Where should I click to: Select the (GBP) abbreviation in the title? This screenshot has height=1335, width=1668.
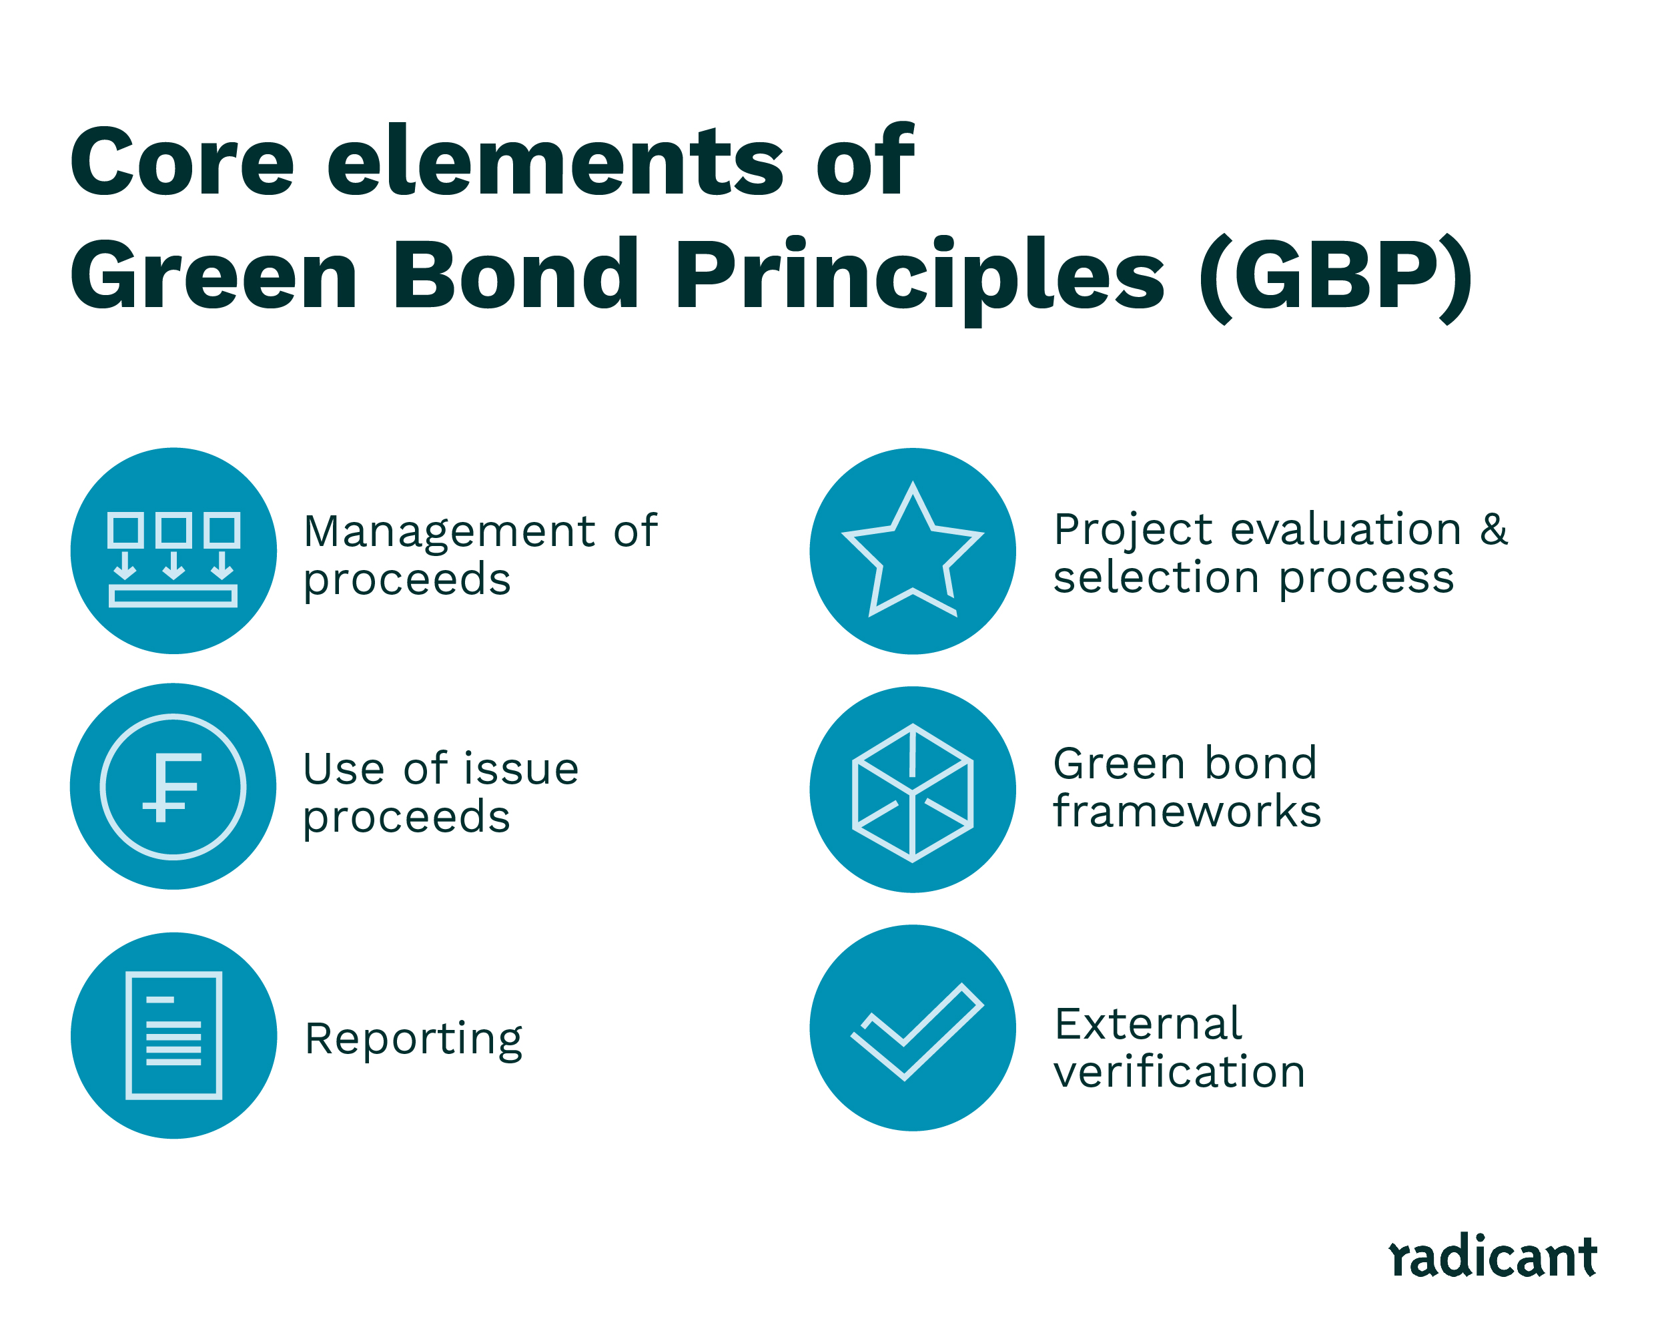pyautogui.click(x=1336, y=276)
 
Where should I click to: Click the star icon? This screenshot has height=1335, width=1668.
pyautogui.click(x=912, y=553)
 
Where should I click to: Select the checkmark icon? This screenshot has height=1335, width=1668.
pyautogui.click(x=917, y=1031)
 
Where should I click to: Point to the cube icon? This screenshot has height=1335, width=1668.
pyautogui.click(x=912, y=792)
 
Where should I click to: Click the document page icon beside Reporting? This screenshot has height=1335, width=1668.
pyautogui.click(x=173, y=1035)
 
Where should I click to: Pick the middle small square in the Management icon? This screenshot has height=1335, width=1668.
pyautogui.click(x=173, y=530)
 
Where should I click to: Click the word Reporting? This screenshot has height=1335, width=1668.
pyautogui.click(x=413, y=1039)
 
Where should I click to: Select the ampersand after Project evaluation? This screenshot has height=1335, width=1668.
pyautogui.click(x=1493, y=529)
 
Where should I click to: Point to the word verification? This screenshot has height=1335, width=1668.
pyautogui.click(x=1179, y=1073)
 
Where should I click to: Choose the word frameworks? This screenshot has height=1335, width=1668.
pyautogui.click(x=1187, y=812)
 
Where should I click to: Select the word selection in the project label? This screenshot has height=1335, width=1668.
pyautogui.click(x=1156, y=578)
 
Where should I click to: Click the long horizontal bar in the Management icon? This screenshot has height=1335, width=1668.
pyautogui.click(x=173, y=595)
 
